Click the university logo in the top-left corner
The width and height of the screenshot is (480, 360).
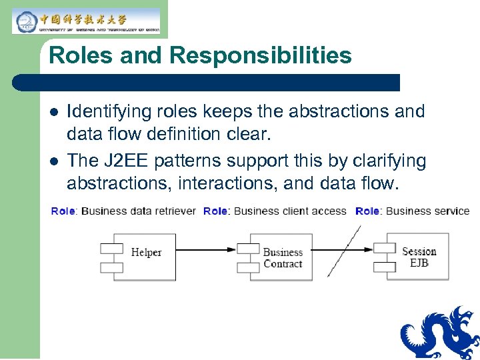tap(85, 21)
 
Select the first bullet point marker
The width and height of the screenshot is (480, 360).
tap(53, 112)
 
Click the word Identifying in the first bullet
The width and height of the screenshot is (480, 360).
tap(107, 111)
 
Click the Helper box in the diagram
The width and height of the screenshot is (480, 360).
tap(146, 257)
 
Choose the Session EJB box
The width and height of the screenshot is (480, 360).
tap(419, 257)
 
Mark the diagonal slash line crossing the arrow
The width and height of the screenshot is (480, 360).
tap(344, 251)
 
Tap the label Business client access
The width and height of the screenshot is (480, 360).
tap(287, 211)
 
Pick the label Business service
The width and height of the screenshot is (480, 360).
tap(427, 211)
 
